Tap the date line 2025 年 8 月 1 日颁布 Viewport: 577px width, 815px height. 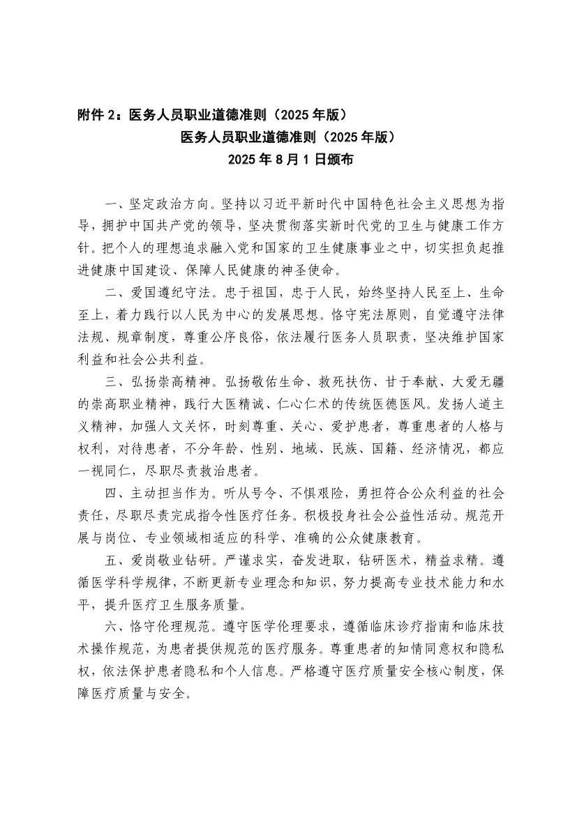[x=289, y=160]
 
